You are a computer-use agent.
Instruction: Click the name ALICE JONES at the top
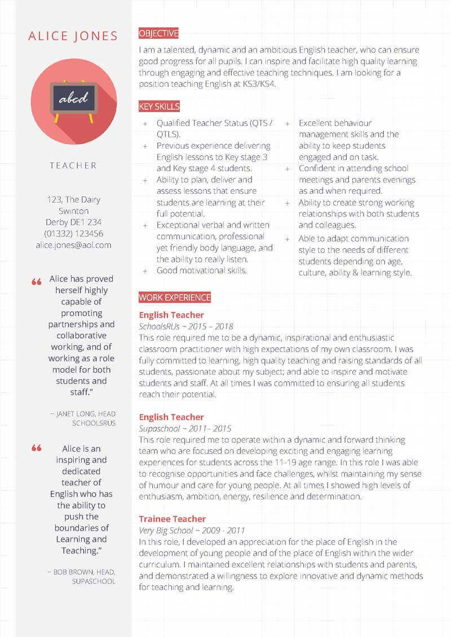tap(73, 37)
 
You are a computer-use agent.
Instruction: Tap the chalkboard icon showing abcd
tap(74, 99)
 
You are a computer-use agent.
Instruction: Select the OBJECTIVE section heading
tap(158, 33)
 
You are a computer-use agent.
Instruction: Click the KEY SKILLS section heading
tap(160, 106)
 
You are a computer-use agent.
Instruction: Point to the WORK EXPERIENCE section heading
tap(175, 297)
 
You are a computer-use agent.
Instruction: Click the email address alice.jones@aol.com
tap(73, 245)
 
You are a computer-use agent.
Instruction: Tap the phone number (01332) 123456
tap(73, 234)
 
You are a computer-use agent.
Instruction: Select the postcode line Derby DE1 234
tap(73, 222)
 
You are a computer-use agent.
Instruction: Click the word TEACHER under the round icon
tap(73, 166)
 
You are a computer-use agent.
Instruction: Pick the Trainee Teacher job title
tap(173, 519)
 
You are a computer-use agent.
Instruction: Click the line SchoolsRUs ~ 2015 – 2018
tap(186, 327)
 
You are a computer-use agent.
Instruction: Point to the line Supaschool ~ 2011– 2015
tap(185, 429)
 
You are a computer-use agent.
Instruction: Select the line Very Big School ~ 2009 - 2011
tap(192, 531)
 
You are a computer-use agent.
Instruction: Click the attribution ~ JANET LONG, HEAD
tap(86, 414)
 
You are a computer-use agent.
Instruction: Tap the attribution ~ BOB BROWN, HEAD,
tap(84, 572)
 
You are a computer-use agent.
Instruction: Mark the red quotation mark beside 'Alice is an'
tap(37, 448)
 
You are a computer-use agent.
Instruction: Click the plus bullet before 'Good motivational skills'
tap(145, 271)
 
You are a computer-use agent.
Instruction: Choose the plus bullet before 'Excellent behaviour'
tap(288, 123)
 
